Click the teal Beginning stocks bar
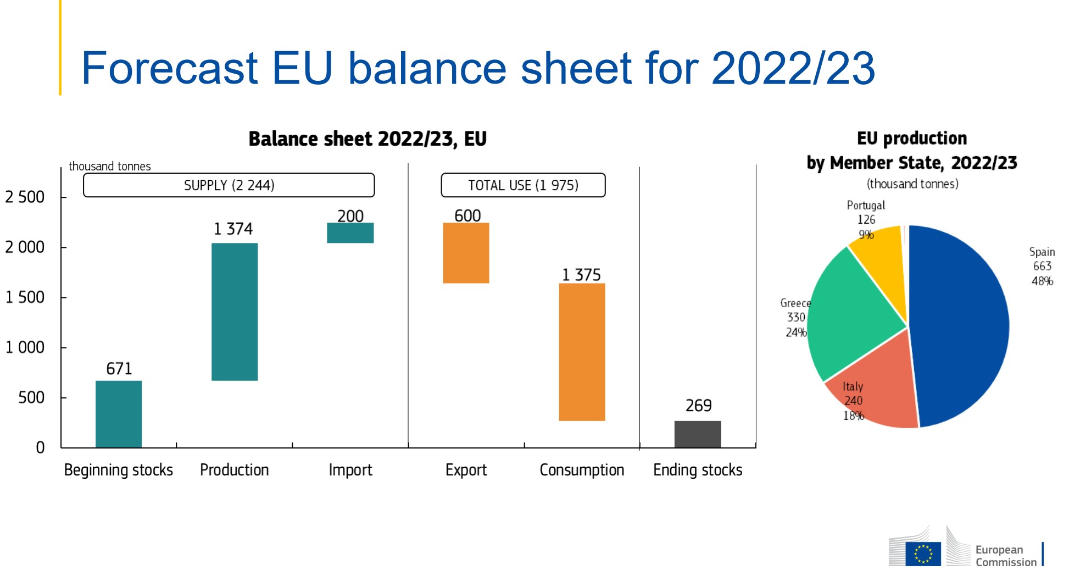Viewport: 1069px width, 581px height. [x=119, y=414]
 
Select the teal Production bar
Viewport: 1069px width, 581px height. [x=235, y=312]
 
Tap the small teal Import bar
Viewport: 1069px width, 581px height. [x=350, y=233]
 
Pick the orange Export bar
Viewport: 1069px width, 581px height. [x=466, y=253]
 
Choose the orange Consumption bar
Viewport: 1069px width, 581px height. [x=582, y=352]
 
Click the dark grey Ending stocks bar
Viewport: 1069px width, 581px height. [x=698, y=434]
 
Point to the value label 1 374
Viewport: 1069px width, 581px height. [x=233, y=229]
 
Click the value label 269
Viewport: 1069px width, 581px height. [x=698, y=406]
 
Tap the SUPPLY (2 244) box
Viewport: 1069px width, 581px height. [x=229, y=185]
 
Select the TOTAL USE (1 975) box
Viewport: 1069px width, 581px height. [x=523, y=185]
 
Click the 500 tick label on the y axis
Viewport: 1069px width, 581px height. [x=31, y=397]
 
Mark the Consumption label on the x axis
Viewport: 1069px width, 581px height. [x=582, y=470]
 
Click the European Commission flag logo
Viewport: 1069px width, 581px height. [x=923, y=554]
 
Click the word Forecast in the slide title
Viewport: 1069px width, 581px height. [x=170, y=68]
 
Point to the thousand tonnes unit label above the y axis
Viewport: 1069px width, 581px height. [x=109, y=166]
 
